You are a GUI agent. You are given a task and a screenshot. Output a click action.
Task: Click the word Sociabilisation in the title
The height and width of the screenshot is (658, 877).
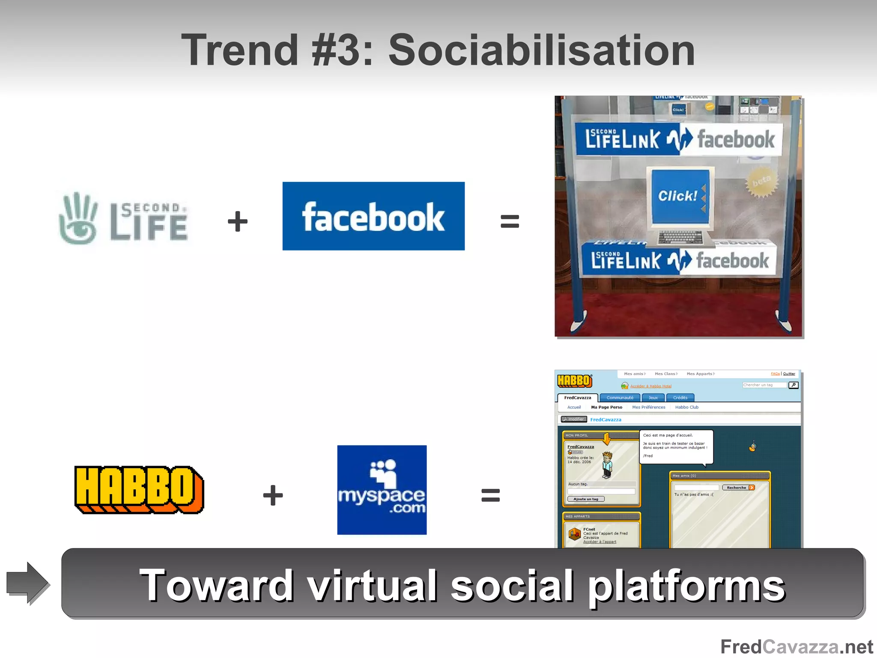tap(541, 51)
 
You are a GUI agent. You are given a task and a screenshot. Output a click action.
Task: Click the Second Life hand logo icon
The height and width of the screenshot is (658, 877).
tap(78, 218)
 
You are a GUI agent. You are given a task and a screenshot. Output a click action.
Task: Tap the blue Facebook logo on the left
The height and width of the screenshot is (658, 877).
tap(373, 216)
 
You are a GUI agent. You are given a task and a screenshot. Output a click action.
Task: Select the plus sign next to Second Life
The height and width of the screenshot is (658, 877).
tap(238, 221)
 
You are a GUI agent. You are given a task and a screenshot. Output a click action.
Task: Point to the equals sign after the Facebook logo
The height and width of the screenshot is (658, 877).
tap(510, 221)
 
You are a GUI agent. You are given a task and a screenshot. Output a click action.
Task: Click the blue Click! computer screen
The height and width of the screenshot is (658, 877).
tap(680, 196)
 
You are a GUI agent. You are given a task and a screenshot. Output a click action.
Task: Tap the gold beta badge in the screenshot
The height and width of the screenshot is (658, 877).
tap(761, 182)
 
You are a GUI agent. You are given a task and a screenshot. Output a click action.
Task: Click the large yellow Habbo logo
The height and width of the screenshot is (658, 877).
tap(139, 490)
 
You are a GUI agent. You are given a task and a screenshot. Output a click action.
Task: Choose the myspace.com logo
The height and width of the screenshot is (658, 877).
tap(382, 490)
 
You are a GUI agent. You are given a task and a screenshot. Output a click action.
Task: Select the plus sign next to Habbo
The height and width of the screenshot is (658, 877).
tap(273, 495)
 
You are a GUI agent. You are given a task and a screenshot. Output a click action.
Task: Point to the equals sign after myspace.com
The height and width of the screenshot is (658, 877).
tap(490, 495)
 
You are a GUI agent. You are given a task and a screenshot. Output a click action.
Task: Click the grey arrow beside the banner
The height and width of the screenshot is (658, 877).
tap(28, 583)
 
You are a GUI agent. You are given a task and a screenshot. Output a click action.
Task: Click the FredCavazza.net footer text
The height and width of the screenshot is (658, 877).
tap(796, 646)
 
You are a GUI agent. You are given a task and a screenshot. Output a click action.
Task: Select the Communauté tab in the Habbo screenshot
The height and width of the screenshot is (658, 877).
tap(620, 398)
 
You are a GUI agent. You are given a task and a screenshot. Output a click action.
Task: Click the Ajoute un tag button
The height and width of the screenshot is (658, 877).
tap(586, 499)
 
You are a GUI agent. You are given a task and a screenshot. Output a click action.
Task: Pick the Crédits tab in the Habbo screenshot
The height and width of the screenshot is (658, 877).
tap(680, 398)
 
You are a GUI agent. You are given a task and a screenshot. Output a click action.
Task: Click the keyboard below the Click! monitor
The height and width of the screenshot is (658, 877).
tap(680, 237)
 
